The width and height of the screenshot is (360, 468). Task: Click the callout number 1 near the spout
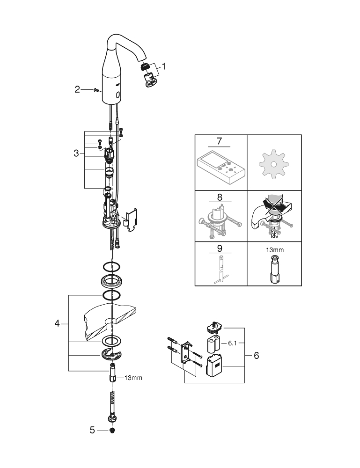163,66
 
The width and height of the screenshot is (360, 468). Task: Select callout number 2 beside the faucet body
78,89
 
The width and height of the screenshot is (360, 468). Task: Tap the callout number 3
76,153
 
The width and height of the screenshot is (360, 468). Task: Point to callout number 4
57,323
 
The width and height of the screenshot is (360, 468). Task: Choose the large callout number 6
256,356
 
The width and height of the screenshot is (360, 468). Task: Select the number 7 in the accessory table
220,142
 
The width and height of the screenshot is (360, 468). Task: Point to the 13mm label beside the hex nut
133,378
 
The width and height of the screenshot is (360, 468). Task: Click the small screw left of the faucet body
96,89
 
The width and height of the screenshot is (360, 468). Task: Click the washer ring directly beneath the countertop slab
111,341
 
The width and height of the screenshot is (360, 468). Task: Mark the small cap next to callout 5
112,429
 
